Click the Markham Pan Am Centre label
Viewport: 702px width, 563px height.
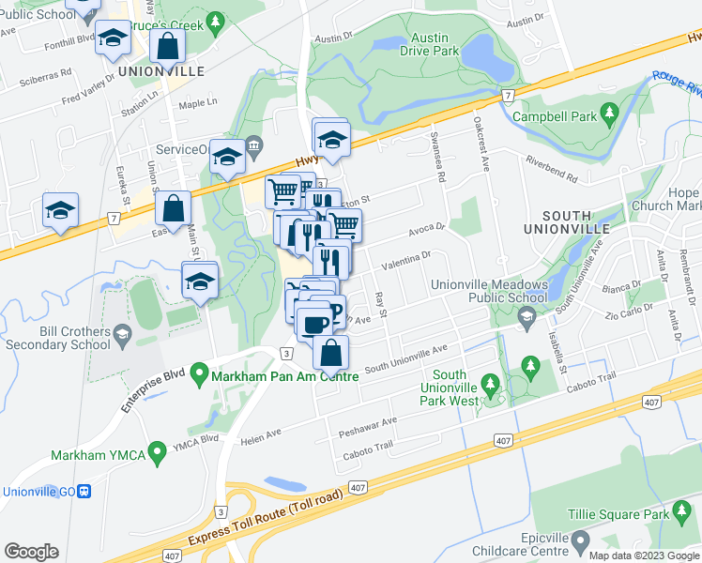286,377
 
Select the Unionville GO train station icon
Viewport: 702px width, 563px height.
84,491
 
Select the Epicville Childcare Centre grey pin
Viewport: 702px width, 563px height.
581,541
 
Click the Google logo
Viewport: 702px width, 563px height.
31,552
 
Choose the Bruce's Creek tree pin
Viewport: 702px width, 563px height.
215,20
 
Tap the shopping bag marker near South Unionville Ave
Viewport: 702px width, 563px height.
330,355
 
